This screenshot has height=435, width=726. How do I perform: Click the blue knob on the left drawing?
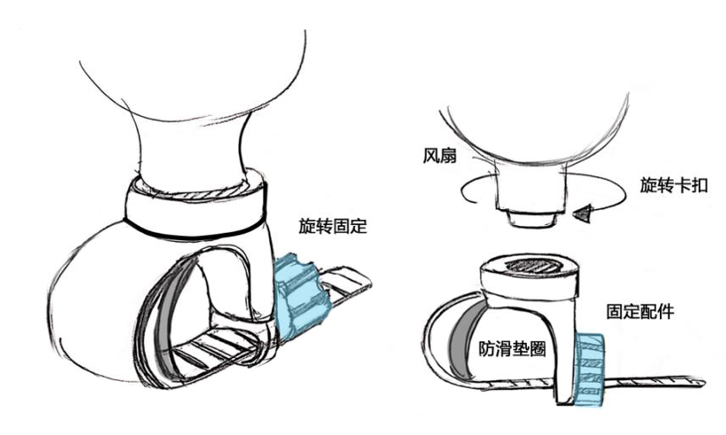(299, 295)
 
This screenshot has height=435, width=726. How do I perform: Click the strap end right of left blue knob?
(349, 284)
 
